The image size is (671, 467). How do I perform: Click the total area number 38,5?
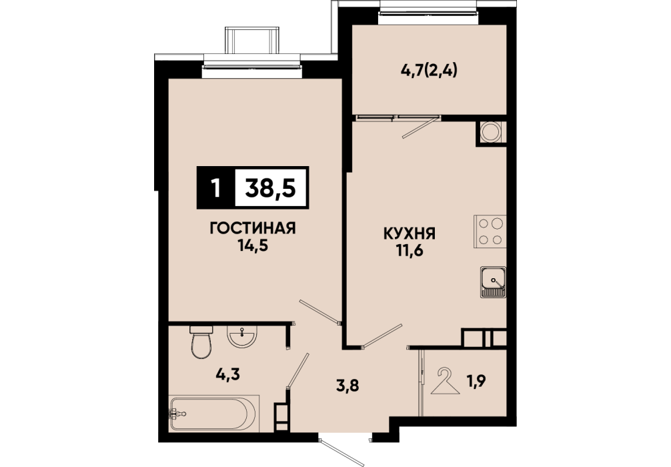point(270,187)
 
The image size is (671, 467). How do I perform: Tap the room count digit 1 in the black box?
point(216,188)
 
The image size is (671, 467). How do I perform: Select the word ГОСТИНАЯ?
point(253,229)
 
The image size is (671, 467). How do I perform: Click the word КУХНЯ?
point(409,233)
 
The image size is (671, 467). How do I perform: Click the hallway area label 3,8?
point(346,386)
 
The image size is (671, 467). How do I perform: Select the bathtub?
point(214,413)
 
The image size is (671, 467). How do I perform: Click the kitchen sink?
point(493,282)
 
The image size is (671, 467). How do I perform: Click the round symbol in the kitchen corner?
point(490,132)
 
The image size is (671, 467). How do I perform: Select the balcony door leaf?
point(420,127)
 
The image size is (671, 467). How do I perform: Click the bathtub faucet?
point(177,414)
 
